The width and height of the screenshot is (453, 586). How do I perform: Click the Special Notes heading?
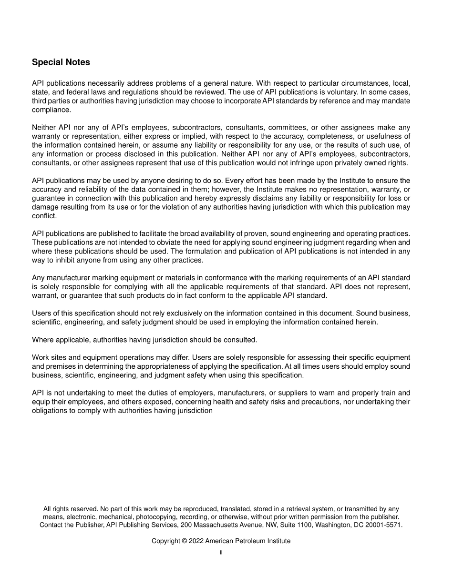(61, 62)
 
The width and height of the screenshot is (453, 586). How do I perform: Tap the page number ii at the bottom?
(221, 553)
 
